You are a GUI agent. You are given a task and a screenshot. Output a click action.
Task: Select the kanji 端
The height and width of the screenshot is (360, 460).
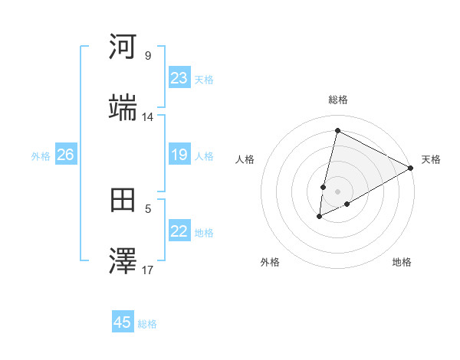123,108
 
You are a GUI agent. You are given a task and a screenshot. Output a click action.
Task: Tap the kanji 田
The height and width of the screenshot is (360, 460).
123,201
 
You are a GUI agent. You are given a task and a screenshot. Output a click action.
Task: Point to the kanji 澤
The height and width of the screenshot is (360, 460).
123,262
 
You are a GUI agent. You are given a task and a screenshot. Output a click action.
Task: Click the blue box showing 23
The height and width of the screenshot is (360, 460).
179,78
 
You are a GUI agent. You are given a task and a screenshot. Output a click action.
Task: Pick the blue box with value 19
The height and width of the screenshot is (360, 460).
179,155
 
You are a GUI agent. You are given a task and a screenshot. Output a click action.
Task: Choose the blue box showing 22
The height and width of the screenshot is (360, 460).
179,231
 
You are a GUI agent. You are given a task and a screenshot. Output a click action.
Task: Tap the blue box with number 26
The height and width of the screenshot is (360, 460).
65,155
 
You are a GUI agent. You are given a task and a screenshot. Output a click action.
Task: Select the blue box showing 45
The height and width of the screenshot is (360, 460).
123,322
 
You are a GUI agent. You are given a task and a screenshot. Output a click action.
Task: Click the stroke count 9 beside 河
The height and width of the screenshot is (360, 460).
148,56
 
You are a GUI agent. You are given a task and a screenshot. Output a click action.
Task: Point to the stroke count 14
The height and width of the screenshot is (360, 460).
148,117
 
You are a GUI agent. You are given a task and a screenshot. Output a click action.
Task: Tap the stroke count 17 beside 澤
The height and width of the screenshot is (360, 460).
148,270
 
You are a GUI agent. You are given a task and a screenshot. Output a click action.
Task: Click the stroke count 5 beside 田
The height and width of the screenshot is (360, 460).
148,208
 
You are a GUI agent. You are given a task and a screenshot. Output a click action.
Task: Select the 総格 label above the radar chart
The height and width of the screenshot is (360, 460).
338,100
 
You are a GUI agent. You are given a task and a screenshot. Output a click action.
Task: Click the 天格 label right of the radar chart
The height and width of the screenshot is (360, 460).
431,159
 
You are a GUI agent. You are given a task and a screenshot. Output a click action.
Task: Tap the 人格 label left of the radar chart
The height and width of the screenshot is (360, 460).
245,159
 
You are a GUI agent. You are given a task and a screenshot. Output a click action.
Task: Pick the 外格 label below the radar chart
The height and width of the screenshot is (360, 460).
270,262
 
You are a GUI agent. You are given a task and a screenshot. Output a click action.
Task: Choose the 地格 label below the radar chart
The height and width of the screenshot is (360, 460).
402,262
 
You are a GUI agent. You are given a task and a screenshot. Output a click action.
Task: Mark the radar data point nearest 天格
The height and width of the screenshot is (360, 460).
411,168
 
